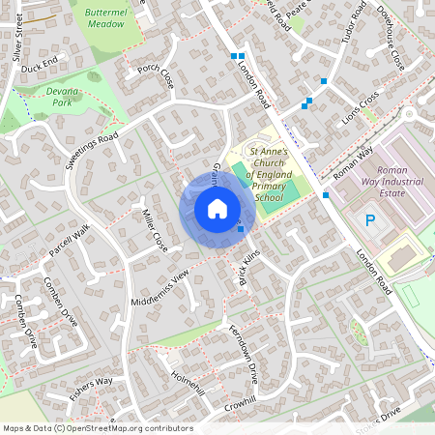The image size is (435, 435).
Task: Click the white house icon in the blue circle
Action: [x=217, y=209]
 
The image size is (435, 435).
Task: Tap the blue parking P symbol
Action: [x=370, y=221]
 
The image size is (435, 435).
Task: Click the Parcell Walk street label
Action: [x=67, y=244]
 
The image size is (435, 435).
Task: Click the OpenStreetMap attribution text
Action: [x=97, y=428]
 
